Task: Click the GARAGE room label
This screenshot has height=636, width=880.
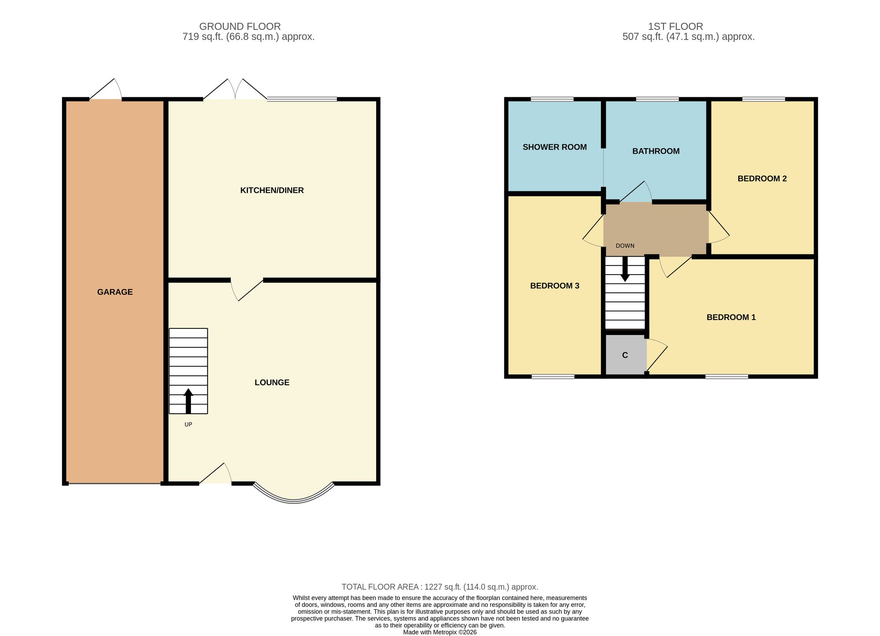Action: click(115, 292)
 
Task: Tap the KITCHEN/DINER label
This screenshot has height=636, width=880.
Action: click(272, 190)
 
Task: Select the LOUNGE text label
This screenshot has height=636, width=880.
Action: click(272, 382)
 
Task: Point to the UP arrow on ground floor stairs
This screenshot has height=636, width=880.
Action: click(188, 401)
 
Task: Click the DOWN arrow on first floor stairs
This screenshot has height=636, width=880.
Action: click(625, 269)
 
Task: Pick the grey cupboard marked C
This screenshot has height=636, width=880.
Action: click(625, 355)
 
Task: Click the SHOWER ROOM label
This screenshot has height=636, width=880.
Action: click(554, 147)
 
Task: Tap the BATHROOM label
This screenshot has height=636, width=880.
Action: click(656, 151)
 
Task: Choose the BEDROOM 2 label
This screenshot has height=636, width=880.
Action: click(762, 178)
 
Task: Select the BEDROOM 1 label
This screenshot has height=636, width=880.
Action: click(731, 317)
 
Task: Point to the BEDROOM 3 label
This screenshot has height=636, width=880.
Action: click(554, 286)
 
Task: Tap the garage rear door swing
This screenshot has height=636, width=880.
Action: click(106, 90)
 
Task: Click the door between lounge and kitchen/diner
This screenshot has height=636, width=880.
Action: click(246, 290)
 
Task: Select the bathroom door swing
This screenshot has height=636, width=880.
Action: click(636, 192)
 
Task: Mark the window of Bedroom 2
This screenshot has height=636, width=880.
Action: click(763, 99)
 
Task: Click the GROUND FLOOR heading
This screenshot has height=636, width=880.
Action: click(240, 26)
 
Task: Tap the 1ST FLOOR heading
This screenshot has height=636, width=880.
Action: click(675, 26)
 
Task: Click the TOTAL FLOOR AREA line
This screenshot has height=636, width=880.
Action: click(440, 587)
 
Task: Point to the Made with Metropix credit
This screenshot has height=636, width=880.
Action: click(440, 632)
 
